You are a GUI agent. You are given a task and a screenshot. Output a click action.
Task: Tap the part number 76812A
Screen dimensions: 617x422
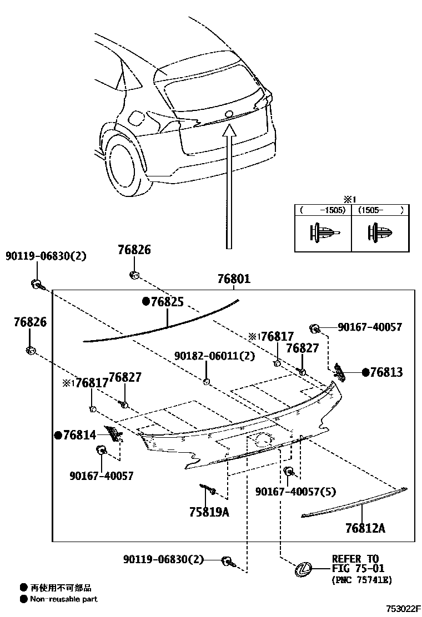pyautogui.click(x=365, y=528)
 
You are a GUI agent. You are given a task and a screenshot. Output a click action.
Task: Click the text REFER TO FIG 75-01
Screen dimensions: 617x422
pyautogui.click(x=355, y=563)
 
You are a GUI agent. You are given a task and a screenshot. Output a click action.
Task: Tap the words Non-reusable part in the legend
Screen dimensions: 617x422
pyautogui.click(x=64, y=599)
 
